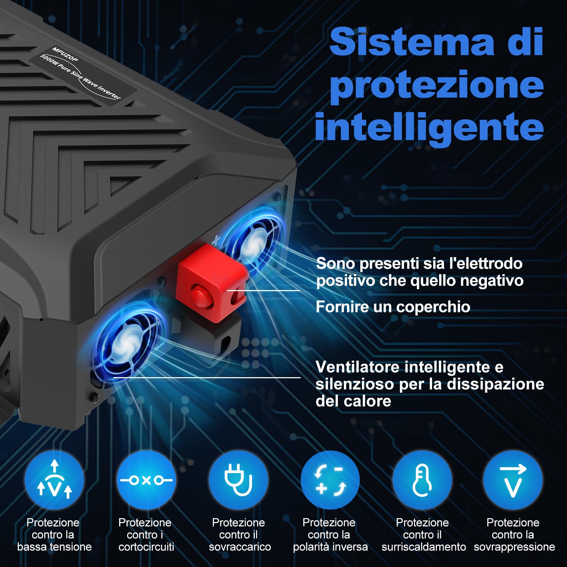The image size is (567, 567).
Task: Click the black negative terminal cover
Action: click(212, 340)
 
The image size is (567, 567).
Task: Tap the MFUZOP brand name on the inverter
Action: click(65, 54)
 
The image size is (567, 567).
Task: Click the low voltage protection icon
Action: click(54, 480)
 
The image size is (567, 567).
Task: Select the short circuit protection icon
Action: click(146, 480)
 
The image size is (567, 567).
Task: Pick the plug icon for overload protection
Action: click(238, 480)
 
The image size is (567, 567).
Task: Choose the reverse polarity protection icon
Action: click(330, 480)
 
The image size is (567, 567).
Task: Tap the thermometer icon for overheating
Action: click(422, 480)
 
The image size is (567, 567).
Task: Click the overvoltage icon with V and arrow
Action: click(513, 480)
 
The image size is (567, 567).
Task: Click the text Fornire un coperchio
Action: click(393, 307)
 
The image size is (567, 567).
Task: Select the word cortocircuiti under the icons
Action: click(146, 547)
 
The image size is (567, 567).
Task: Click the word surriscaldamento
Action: click(424, 547)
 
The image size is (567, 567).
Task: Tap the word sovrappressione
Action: click(514, 547)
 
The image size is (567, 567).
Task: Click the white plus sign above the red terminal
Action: click(216, 241)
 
